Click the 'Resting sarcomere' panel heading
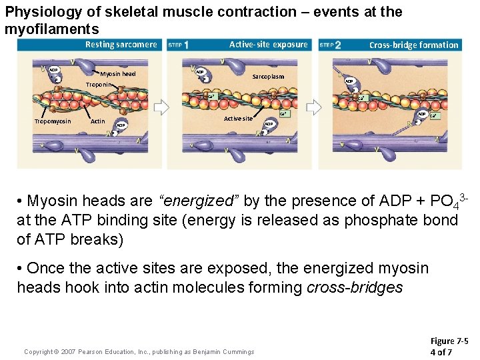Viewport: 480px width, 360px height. [121, 45]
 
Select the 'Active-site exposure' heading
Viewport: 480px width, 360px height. [269, 45]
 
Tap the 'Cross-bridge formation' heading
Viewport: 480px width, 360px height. [414, 45]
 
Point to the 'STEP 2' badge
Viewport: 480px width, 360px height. [331, 45]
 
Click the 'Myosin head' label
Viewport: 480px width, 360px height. [118, 73]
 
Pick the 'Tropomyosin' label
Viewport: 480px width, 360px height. [53, 121]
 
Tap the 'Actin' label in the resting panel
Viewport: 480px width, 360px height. [97, 121]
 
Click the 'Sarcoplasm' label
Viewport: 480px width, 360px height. [268, 77]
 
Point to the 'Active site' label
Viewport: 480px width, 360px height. [238, 119]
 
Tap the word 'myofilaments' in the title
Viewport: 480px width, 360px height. [51, 29]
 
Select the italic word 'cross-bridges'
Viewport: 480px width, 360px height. [355, 288]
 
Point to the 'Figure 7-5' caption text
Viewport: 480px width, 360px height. [449, 341]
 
